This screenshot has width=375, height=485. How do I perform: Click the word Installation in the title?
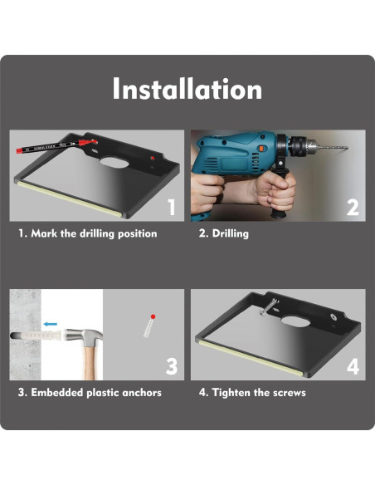[x=187, y=89]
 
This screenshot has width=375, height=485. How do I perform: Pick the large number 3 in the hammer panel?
[x=171, y=366]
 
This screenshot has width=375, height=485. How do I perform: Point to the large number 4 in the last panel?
[x=352, y=366]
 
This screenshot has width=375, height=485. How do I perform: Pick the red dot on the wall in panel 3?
[x=152, y=316]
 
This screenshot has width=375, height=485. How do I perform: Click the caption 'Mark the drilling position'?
[x=94, y=234]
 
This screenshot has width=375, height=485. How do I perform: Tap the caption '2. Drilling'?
[x=224, y=234]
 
